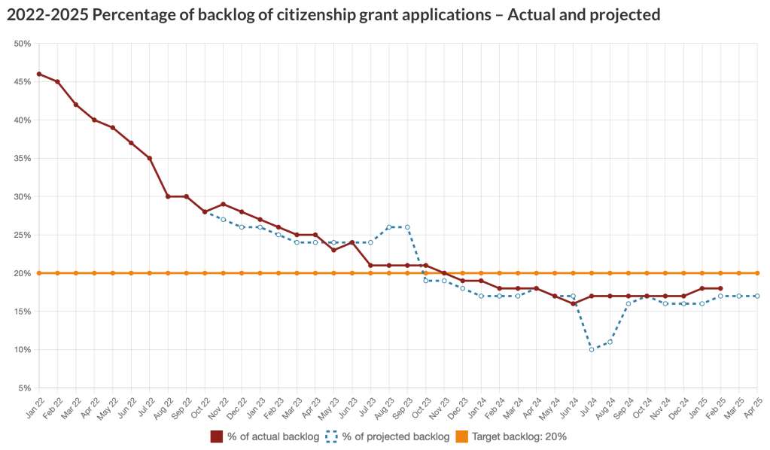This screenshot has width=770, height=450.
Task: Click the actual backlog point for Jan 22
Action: click(39, 74)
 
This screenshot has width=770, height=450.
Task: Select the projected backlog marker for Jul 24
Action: click(592, 349)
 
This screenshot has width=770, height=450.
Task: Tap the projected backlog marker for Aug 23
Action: click(389, 227)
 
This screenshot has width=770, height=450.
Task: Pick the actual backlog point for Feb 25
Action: click(720, 288)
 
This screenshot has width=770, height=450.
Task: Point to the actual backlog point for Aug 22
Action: click(168, 196)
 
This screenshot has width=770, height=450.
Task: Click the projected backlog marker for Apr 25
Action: click(757, 296)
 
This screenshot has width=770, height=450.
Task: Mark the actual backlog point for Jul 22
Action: click(150, 158)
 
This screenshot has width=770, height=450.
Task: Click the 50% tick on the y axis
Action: click(22, 44)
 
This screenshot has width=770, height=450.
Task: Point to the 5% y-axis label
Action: click(24, 388)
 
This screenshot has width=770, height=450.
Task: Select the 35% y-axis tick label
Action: click(22, 159)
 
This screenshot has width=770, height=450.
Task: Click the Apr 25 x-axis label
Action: click(751, 406)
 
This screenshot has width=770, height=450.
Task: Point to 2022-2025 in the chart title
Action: click(40, 14)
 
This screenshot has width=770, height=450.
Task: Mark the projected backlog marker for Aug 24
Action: click(610, 342)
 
